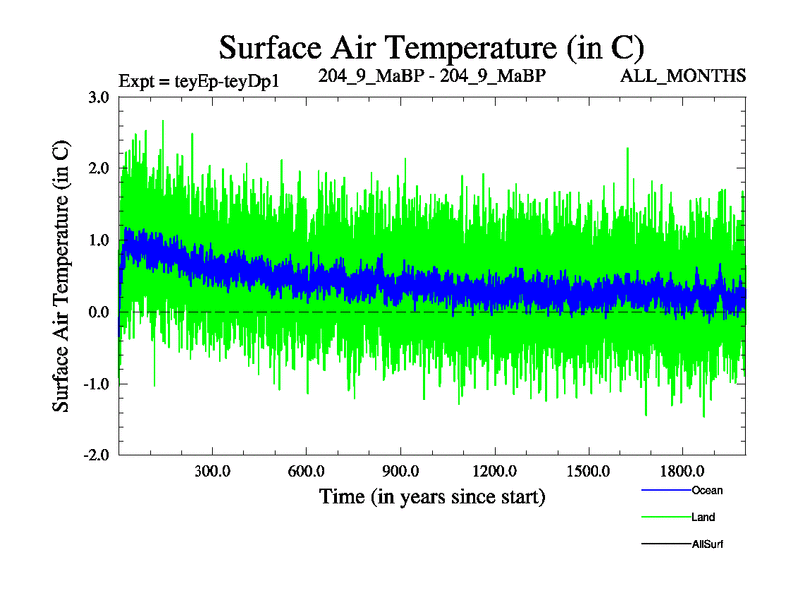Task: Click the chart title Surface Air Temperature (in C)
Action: click(x=432, y=47)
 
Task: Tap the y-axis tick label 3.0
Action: click(x=98, y=97)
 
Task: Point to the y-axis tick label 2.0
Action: click(x=98, y=168)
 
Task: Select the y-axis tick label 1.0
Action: click(x=98, y=240)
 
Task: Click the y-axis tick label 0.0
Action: click(x=98, y=312)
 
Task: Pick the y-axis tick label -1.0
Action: click(x=96, y=384)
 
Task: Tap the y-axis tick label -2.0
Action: click(x=96, y=455)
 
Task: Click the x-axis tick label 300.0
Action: click(x=212, y=470)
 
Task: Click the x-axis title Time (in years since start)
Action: click(x=432, y=495)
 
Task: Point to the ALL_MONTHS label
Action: click(x=697, y=76)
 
